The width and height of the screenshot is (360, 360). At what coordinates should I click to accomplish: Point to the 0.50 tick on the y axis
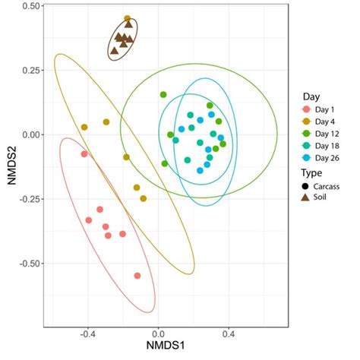[32, 6]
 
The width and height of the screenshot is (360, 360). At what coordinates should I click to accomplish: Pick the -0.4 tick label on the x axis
[86, 333]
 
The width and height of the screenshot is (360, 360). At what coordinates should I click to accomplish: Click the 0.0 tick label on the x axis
[158, 333]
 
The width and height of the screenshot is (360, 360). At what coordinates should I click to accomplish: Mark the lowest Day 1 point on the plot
[137, 276]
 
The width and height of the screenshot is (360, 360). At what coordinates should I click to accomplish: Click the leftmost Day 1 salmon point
[84, 154]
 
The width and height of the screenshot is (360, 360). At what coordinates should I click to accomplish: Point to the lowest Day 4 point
[143, 199]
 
